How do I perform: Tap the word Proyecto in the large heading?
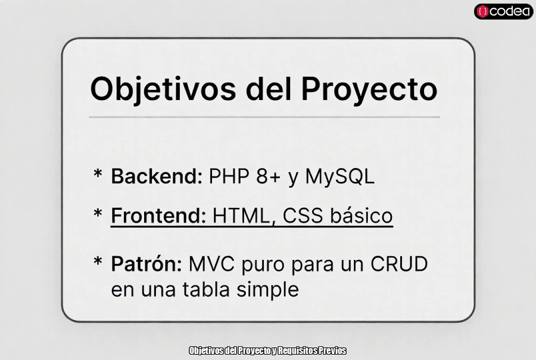point(369,89)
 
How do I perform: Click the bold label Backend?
point(157,176)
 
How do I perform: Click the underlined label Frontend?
point(158,215)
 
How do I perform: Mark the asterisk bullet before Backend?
point(98,175)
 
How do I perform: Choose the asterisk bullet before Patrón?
point(98,262)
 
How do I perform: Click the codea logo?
point(503,11)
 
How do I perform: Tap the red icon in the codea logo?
point(483,11)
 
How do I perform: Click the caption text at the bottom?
point(267,350)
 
